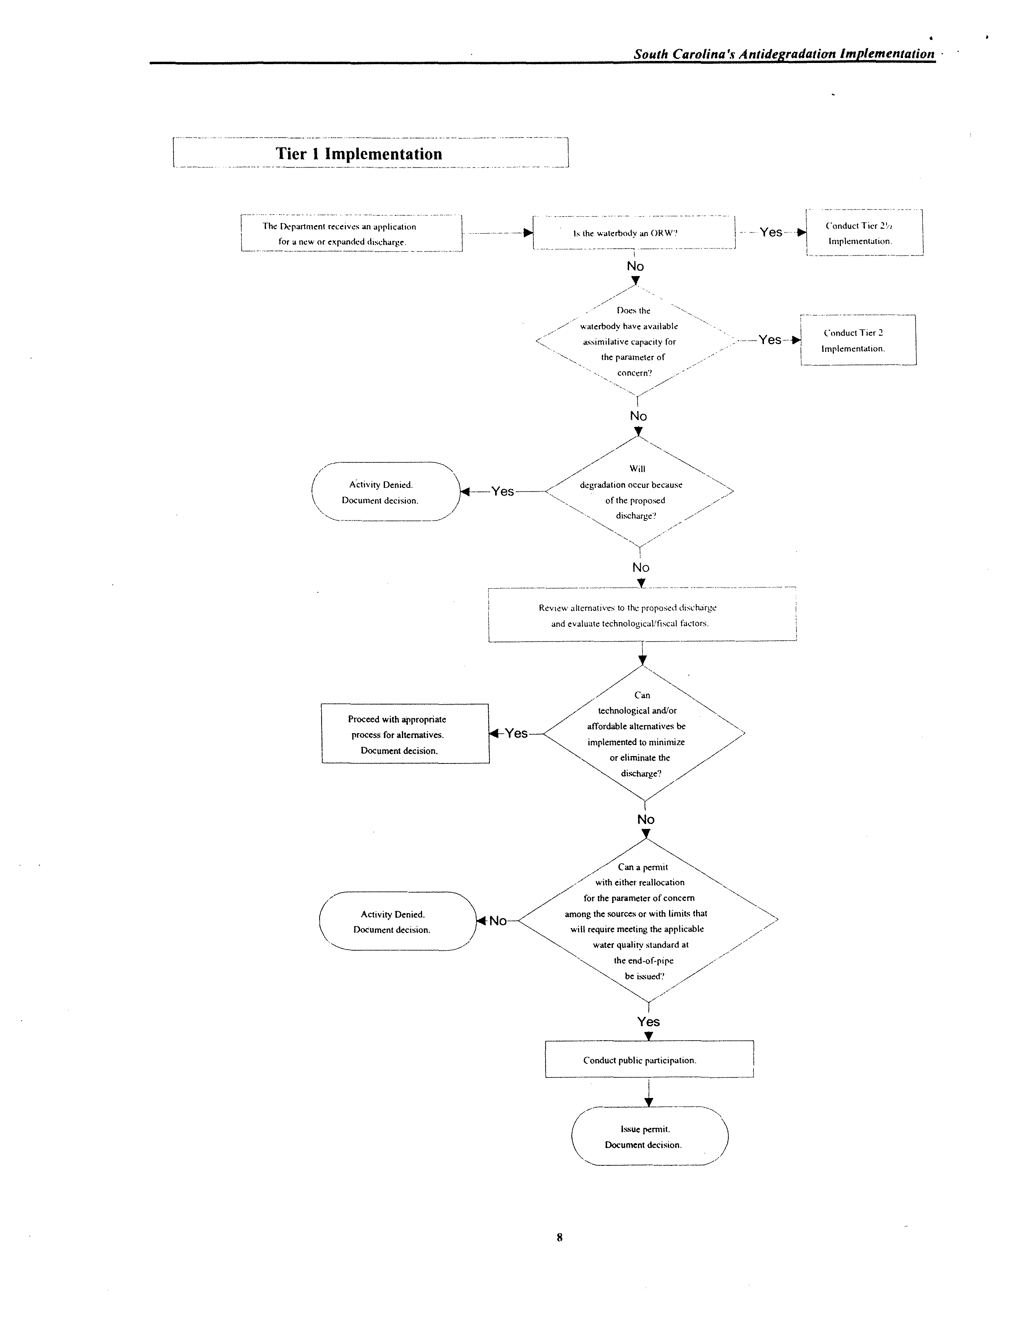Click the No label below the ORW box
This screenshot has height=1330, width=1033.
click(635, 266)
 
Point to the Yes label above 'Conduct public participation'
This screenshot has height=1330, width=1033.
click(649, 1022)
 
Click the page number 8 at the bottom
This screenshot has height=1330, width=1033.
click(559, 1237)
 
